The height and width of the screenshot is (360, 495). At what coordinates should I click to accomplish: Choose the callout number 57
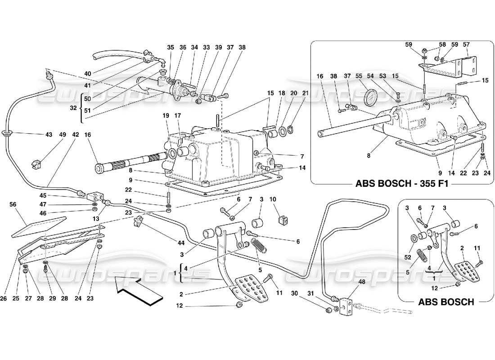466,45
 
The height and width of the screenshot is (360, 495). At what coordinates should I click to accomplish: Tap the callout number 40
87,74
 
